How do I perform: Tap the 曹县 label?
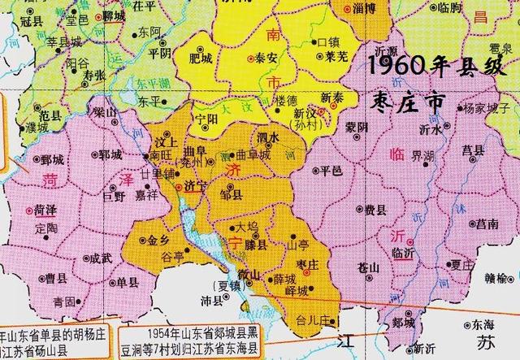pyautogui.click(x=56, y=279)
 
